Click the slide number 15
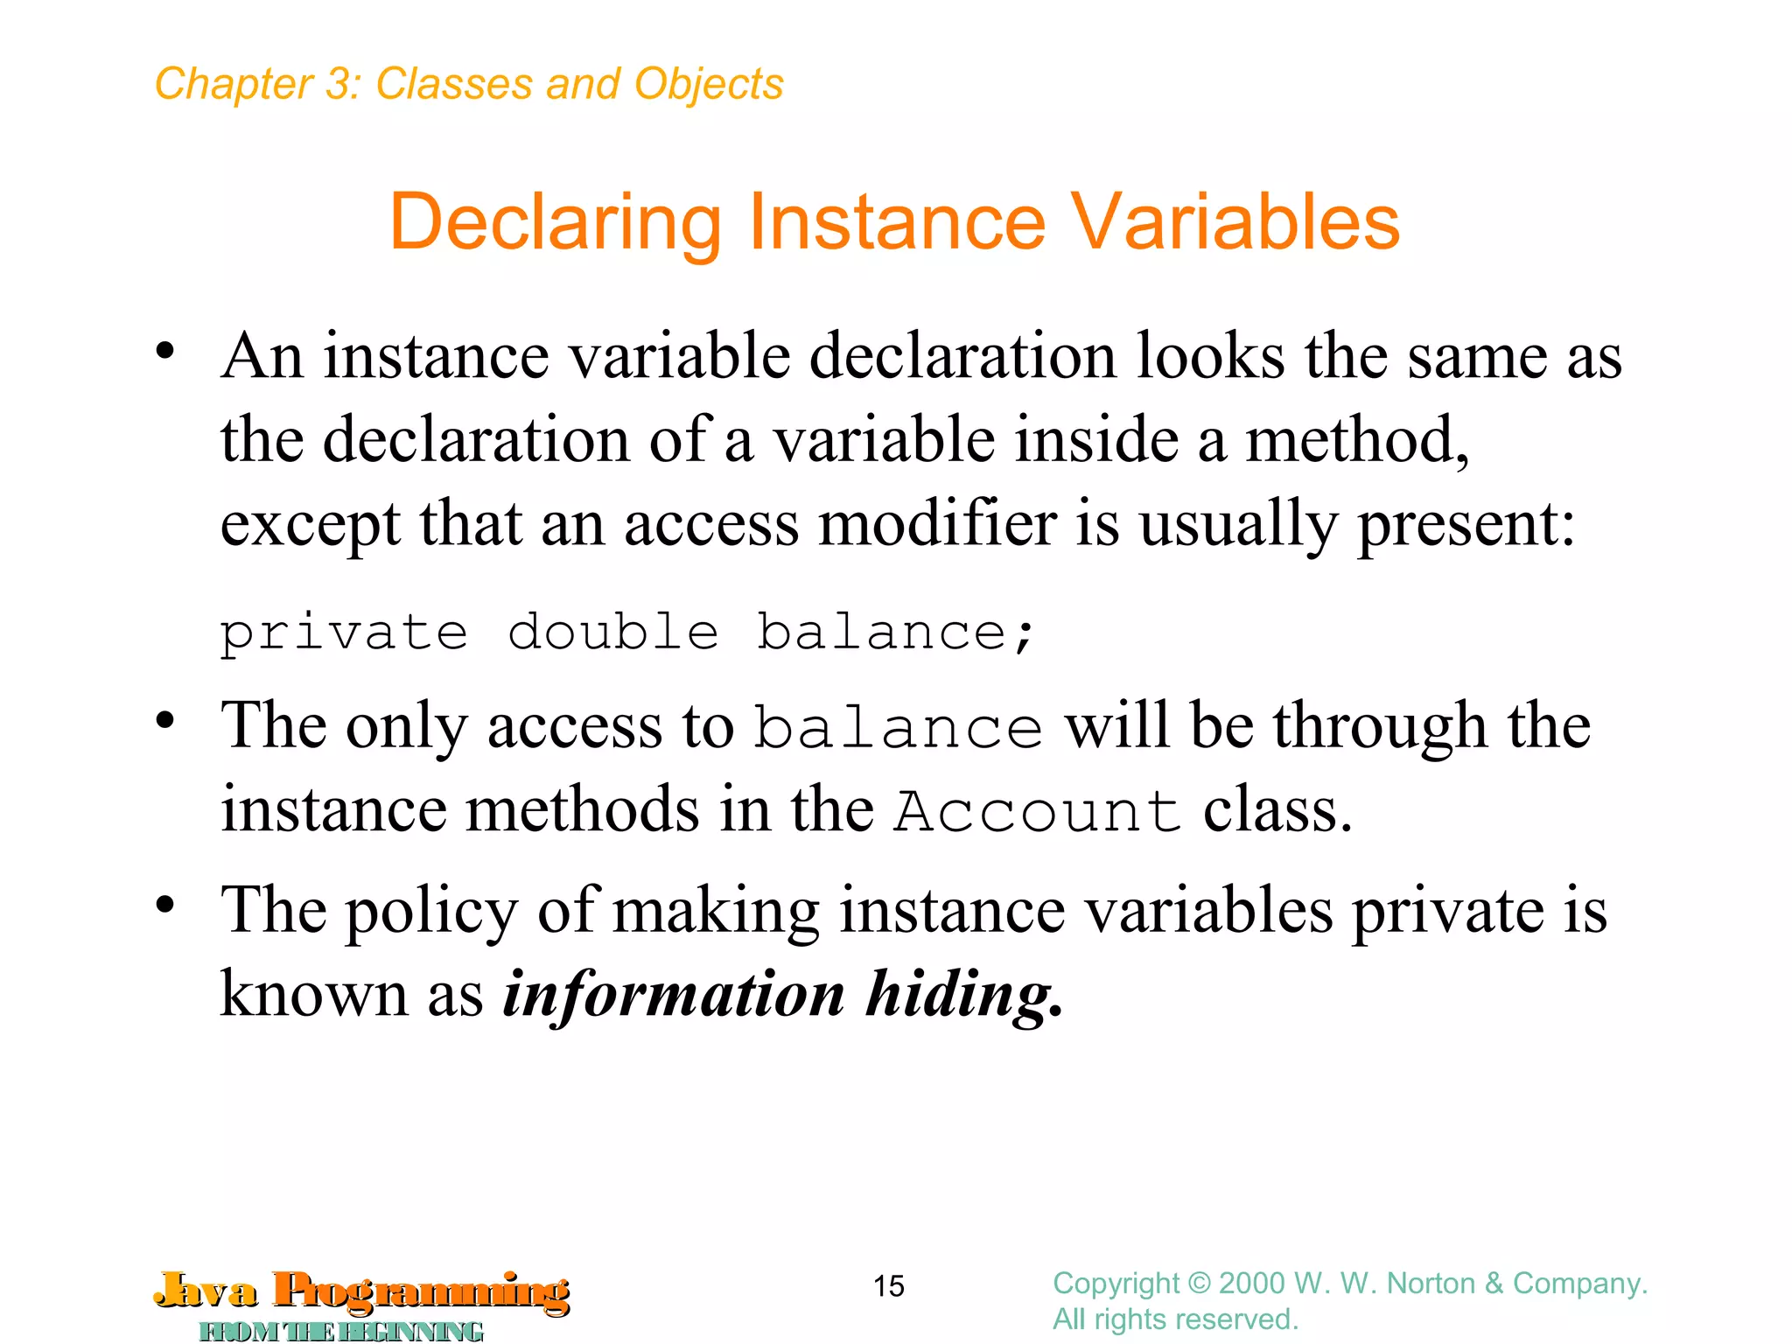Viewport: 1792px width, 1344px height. pyautogui.click(x=888, y=1286)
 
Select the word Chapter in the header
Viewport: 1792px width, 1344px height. pyautogui.click(x=233, y=85)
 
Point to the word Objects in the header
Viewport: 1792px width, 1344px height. pyautogui.click(x=708, y=85)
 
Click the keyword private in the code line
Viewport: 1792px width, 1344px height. pyautogui.click(x=344, y=633)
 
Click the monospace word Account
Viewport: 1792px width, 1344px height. pyautogui.click(x=1038, y=811)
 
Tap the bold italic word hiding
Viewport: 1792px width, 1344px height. pyautogui.click(x=963, y=995)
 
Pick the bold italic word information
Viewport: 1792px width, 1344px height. pyautogui.click(x=674, y=995)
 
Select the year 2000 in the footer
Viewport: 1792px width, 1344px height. pyautogui.click(x=1252, y=1284)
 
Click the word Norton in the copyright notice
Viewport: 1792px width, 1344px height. pyautogui.click(x=1432, y=1284)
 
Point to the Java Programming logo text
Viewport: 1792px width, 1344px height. pyautogui.click(x=362, y=1291)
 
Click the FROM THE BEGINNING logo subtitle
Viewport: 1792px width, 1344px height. pyautogui.click(x=341, y=1331)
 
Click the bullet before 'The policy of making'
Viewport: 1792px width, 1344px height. pyautogui.click(x=165, y=906)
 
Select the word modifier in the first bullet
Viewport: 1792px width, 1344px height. pyautogui.click(x=937, y=524)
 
